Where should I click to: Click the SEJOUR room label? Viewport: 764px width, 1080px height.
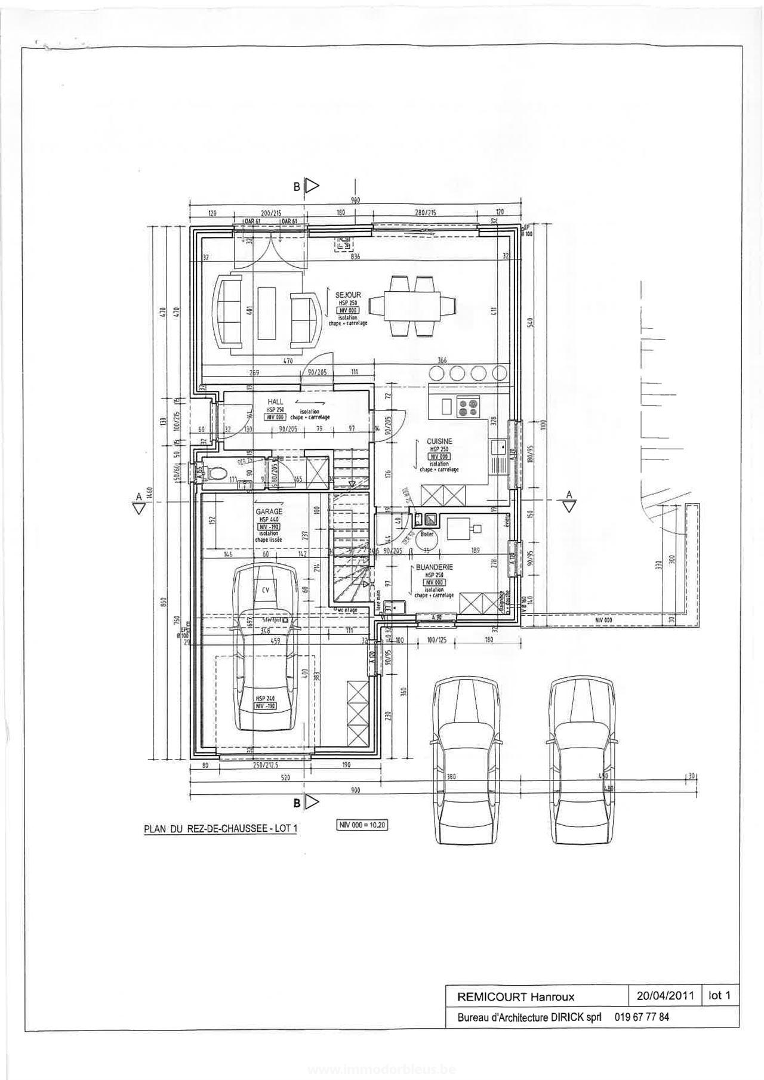(x=348, y=295)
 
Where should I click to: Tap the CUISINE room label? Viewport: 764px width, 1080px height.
(x=439, y=442)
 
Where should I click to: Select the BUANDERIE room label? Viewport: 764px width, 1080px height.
(x=435, y=567)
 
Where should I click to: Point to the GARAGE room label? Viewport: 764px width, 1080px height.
(x=269, y=511)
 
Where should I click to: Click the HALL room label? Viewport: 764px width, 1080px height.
(x=275, y=402)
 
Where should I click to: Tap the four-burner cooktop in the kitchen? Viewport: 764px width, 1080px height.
(x=468, y=407)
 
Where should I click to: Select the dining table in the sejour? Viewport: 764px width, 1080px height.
(x=412, y=306)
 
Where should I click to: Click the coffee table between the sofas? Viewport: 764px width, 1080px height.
(x=266, y=313)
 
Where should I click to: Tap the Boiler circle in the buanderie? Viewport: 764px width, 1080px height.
(x=427, y=537)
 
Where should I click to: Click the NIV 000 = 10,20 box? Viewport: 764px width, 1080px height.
(x=362, y=825)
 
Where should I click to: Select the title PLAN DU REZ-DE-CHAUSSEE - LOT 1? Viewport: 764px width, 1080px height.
(x=220, y=829)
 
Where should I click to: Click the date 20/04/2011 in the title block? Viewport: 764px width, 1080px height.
(x=665, y=995)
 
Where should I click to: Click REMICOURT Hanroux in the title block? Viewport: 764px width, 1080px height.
(x=516, y=996)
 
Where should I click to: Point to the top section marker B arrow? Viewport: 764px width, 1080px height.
(x=312, y=186)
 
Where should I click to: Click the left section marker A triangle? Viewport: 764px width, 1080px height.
(x=139, y=508)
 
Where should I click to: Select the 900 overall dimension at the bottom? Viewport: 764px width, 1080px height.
(x=355, y=790)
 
